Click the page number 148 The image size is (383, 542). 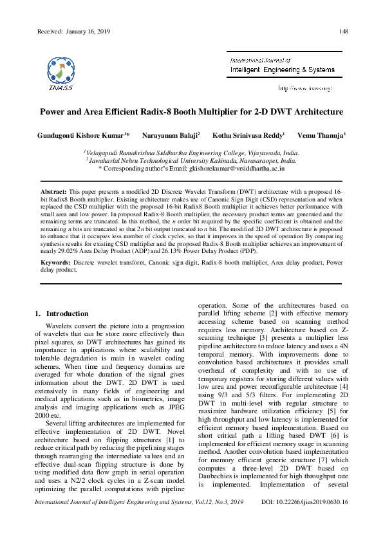point(344,32)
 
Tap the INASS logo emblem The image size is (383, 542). point(60,70)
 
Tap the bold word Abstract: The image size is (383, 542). point(53,192)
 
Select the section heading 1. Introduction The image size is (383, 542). point(61,313)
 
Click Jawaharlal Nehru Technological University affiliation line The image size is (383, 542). point(191,160)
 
